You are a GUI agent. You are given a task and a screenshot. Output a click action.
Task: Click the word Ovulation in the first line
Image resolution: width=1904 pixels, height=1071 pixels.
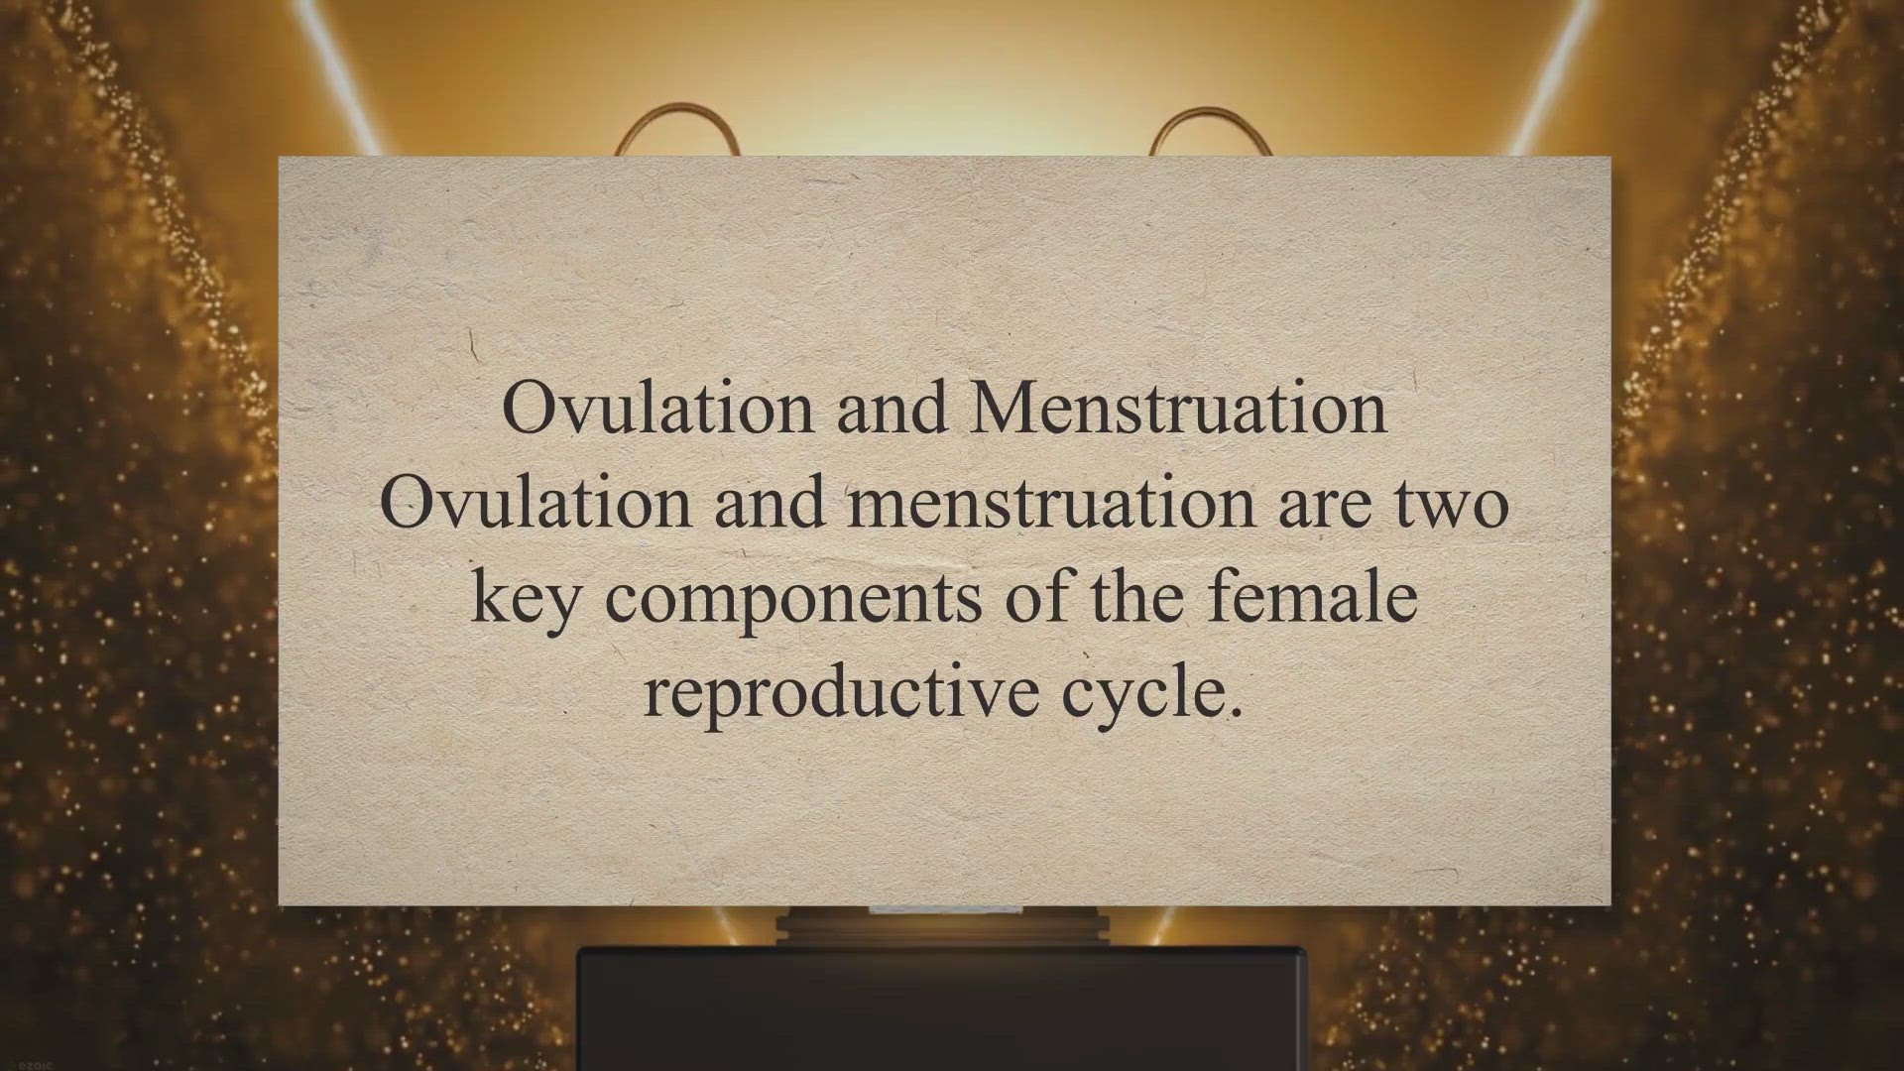(x=657, y=408)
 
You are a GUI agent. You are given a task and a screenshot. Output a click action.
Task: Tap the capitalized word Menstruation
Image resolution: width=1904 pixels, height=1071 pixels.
(x=1178, y=408)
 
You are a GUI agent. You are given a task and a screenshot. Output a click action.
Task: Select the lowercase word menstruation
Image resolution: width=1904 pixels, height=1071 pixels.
(x=1052, y=502)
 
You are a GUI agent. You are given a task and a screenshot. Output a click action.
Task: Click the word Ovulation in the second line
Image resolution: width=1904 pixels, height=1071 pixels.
(x=535, y=502)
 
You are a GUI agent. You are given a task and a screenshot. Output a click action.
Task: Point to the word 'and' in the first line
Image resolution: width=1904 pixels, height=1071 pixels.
(x=892, y=408)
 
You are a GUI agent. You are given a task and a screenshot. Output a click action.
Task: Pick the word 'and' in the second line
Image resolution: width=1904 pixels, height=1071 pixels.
(x=770, y=502)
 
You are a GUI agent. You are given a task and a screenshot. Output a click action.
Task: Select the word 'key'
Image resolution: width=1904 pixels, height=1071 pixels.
(x=524, y=601)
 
